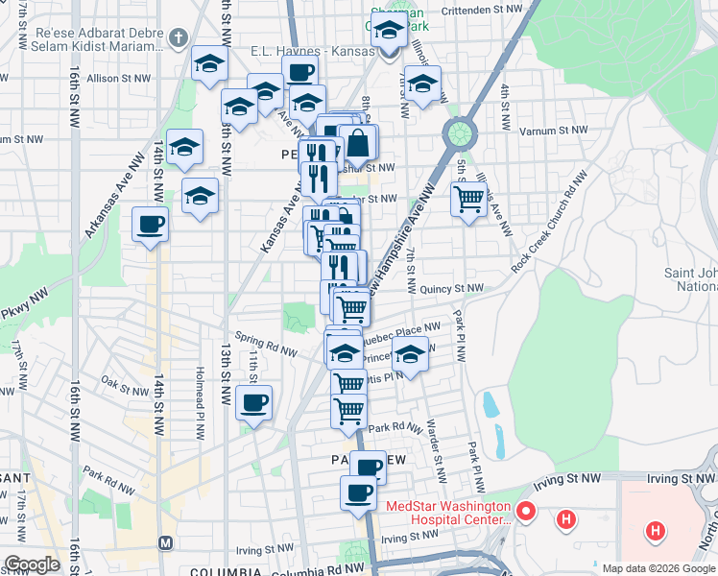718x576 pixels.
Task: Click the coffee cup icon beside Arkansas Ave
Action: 150,225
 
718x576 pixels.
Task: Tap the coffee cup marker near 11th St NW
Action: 253,403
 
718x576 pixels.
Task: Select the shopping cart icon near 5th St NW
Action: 468,200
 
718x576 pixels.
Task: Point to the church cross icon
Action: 177,38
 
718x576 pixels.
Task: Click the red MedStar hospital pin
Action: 525,511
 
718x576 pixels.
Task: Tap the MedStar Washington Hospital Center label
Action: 448,513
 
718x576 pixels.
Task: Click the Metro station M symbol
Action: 165,542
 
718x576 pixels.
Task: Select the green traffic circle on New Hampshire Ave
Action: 460,131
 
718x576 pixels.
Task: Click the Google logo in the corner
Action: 31,564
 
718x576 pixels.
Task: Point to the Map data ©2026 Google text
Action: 658,568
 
